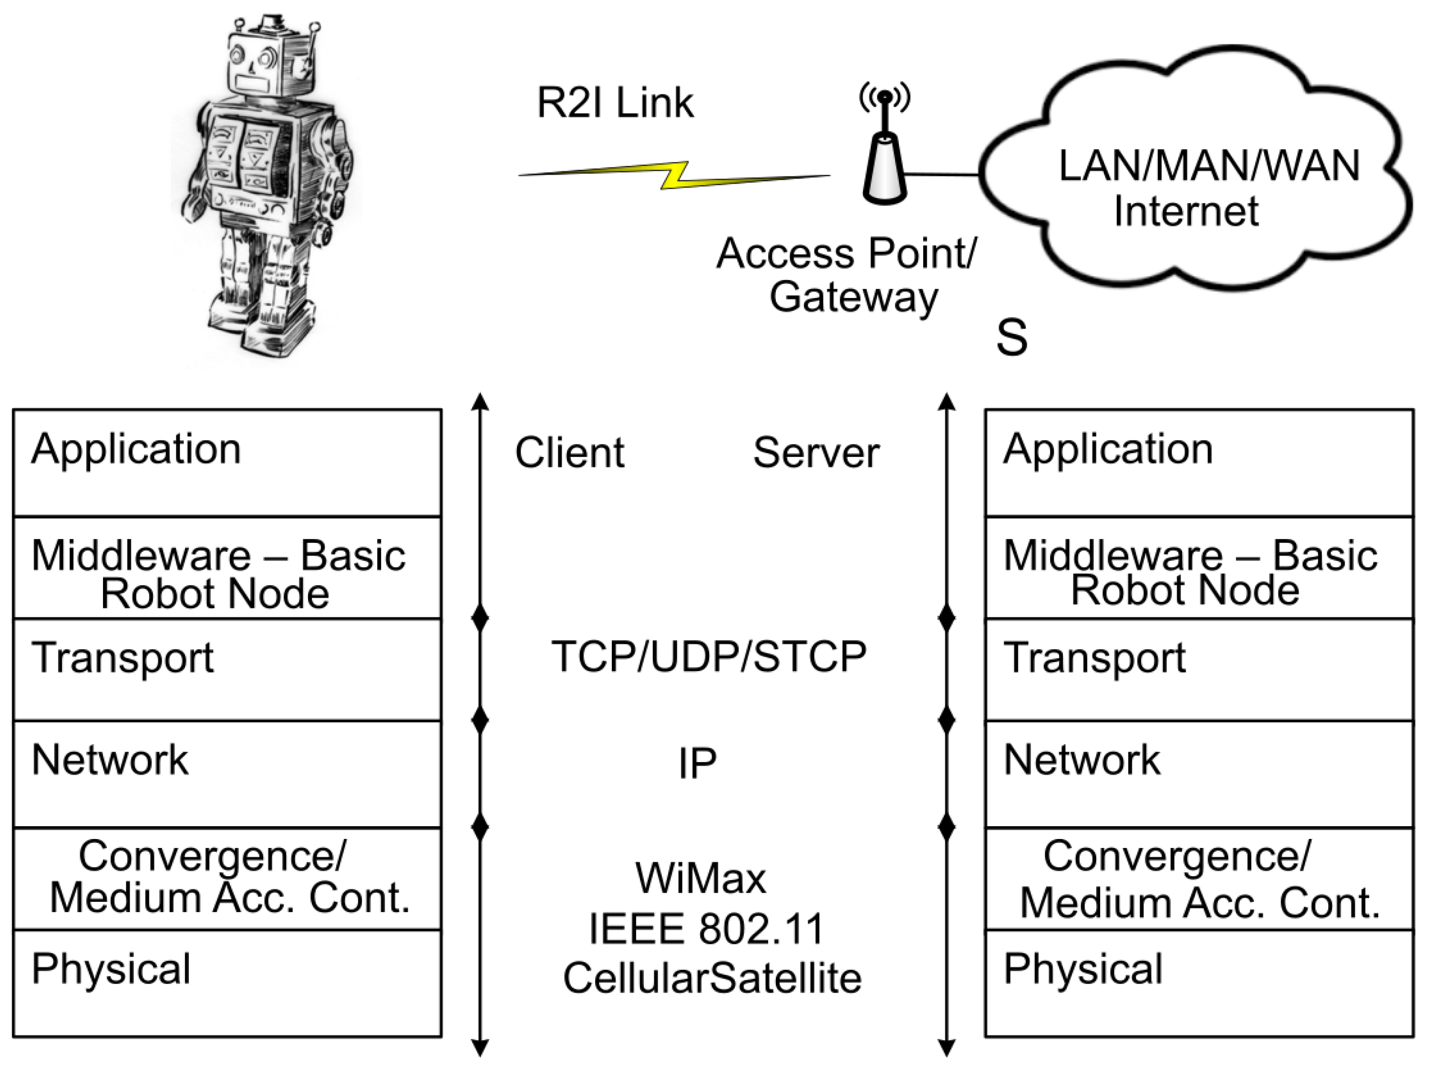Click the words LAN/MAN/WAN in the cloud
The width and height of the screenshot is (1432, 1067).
click(1209, 166)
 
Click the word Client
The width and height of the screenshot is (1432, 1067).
click(569, 452)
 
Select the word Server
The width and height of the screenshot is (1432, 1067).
click(816, 452)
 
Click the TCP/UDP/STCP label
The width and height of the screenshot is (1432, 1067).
click(708, 657)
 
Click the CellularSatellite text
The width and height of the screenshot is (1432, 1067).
click(712, 978)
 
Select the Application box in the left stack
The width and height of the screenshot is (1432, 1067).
click(227, 463)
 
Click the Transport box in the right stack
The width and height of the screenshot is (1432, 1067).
click(1199, 670)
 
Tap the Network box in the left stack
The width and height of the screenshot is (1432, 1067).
click(227, 774)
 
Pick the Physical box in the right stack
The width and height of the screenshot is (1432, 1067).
click(1199, 984)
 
